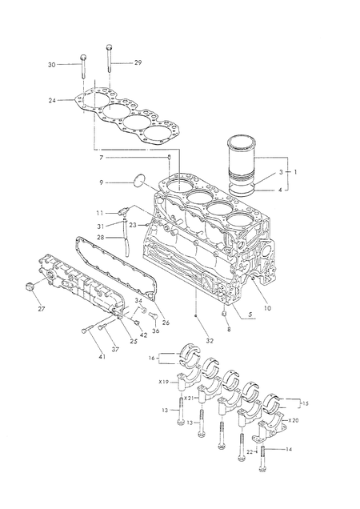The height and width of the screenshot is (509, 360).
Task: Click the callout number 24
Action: tap(52, 101)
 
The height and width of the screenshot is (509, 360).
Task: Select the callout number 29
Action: tap(138, 62)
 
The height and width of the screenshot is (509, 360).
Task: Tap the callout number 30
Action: tap(52, 65)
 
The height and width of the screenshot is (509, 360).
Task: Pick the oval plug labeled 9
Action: tap(140, 180)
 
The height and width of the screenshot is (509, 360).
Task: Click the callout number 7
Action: tap(102, 158)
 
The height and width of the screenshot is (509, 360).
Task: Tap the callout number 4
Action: tap(280, 190)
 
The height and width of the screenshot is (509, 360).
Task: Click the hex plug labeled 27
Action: tap(30, 287)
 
